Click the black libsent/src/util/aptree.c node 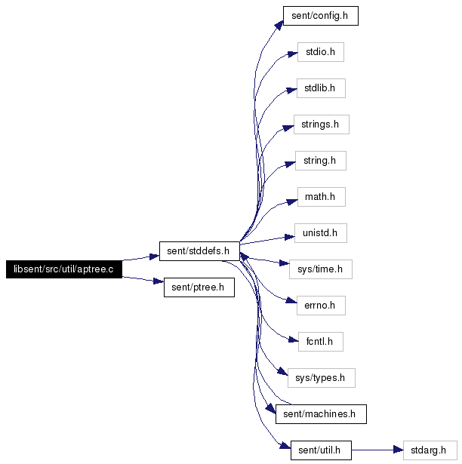(x=64, y=269)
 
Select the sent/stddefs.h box (x=199, y=251)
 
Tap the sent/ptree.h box (x=199, y=287)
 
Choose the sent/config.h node (x=320, y=16)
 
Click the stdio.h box (x=320, y=52)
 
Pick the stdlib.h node (x=321, y=88)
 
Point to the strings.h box (x=322, y=124)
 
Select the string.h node (x=320, y=161)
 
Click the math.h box (x=321, y=197)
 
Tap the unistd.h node (x=320, y=233)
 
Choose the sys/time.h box (x=320, y=269)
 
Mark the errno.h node (x=321, y=306)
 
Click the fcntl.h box (x=320, y=342)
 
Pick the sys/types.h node (x=321, y=378)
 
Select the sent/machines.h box (x=321, y=414)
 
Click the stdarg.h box (x=430, y=450)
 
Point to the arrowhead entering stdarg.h (x=399, y=450)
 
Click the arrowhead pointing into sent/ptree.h (x=159, y=281)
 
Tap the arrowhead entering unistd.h (x=290, y=237)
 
